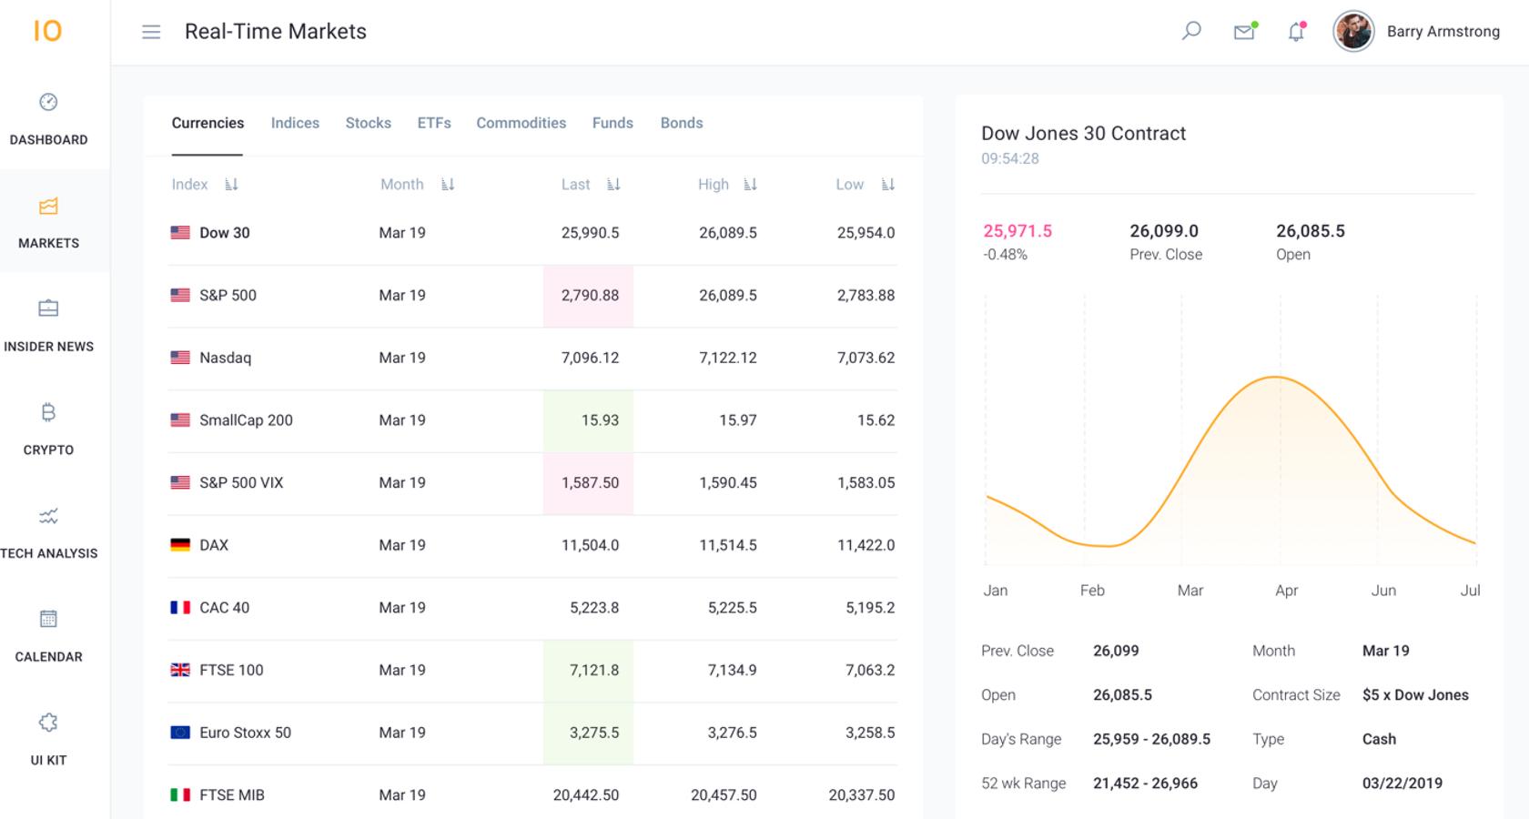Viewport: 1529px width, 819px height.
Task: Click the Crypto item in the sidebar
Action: tap(48, 429)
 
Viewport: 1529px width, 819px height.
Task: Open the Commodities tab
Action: tap(521, 123)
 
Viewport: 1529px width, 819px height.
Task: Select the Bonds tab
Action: tap(681, 123)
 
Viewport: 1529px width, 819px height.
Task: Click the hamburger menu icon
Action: tap(151, 32)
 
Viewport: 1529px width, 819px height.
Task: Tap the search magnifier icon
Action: tap(1190, 31)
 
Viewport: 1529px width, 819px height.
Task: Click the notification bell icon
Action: tap(1296, 32)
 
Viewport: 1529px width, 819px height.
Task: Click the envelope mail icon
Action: tap(1243, 32)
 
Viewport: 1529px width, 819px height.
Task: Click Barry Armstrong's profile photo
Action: tap(1353, 32)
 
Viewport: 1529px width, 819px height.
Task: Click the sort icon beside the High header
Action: tap(750, 185)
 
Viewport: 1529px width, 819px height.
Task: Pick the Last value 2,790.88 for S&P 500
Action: tap(590, 295)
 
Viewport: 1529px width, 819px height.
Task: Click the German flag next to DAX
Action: tap(180, 545)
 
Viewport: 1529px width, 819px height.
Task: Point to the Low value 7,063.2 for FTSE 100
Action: tap(869, 670)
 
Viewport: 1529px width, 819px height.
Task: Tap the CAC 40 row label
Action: tap(224, 608)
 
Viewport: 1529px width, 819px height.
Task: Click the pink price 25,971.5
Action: tap(1017, 231)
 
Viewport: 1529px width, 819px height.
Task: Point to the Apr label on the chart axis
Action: tap(1286, 591)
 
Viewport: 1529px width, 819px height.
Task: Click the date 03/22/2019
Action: tap(1402, 784)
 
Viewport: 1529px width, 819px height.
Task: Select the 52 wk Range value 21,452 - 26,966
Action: tap(1145, 784)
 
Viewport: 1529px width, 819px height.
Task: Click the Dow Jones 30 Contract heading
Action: tap(1083, 134)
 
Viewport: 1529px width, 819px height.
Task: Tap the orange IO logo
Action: tap(47, 31)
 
